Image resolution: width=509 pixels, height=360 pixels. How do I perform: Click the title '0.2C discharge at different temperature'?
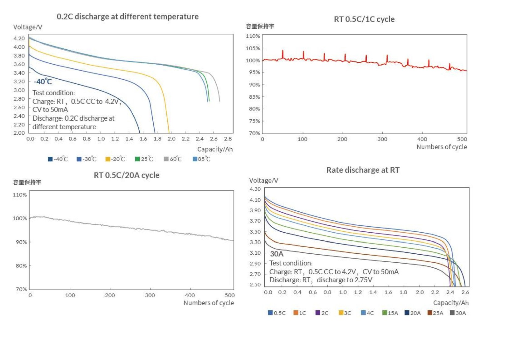point(128,17)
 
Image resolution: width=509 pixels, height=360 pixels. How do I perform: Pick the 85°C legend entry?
point(201,159)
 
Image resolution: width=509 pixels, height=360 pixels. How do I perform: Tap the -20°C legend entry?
point(115,159)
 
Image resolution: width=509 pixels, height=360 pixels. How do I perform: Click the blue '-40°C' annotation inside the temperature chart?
point(43,82)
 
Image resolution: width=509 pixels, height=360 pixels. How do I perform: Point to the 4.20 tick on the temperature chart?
point(19,39)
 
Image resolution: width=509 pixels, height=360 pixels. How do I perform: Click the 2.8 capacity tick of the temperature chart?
point(228,139)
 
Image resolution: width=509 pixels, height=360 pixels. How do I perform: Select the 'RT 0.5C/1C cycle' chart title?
point(364,19)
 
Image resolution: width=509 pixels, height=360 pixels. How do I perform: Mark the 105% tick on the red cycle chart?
point(253,48)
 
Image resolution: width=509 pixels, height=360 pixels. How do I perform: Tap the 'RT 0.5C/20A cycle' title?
point(127,175)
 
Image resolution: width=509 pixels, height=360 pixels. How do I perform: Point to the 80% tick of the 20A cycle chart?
point(21,266)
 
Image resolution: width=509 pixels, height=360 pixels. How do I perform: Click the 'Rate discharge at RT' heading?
point(363,170)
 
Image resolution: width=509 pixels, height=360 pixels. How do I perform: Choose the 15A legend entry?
point(390,313)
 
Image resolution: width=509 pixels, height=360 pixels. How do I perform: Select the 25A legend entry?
point(435,313)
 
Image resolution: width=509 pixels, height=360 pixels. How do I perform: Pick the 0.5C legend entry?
point(277,313)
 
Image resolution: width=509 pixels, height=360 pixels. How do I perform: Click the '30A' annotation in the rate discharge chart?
point(277,254)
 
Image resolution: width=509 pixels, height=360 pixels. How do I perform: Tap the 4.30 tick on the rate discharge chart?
point(255,189)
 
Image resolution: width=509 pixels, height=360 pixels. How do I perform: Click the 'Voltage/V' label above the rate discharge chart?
point(263,180)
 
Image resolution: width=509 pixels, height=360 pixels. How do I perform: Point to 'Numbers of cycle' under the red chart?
point(442,147)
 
